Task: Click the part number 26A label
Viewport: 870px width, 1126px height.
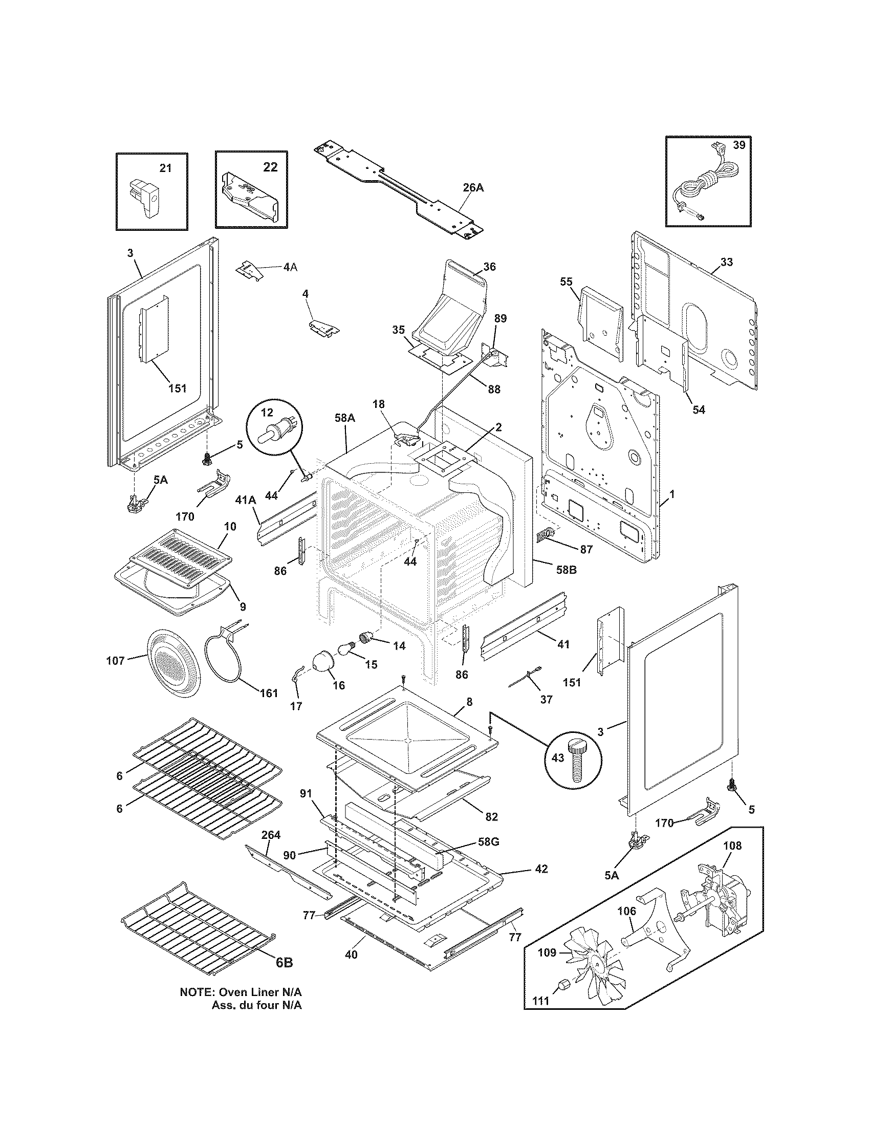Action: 473,188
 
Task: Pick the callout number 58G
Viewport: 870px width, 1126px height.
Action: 488,842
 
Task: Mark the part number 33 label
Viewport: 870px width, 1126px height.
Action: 726,262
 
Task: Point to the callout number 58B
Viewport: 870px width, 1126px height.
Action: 567,570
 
